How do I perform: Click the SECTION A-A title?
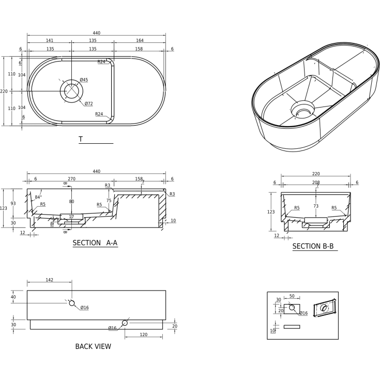click(95, 243)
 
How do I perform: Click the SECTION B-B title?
click(313, 246)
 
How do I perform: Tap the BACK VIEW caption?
click(93, 346)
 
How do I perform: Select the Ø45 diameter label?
click(84, 80)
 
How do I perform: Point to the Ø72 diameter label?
click(89, 104)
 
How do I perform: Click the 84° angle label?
click(38, 197)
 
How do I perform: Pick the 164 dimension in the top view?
click(140, 40)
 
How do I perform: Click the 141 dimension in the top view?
click(50, 40)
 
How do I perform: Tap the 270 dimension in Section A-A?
click(71, 179)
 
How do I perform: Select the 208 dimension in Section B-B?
click(316, 182)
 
